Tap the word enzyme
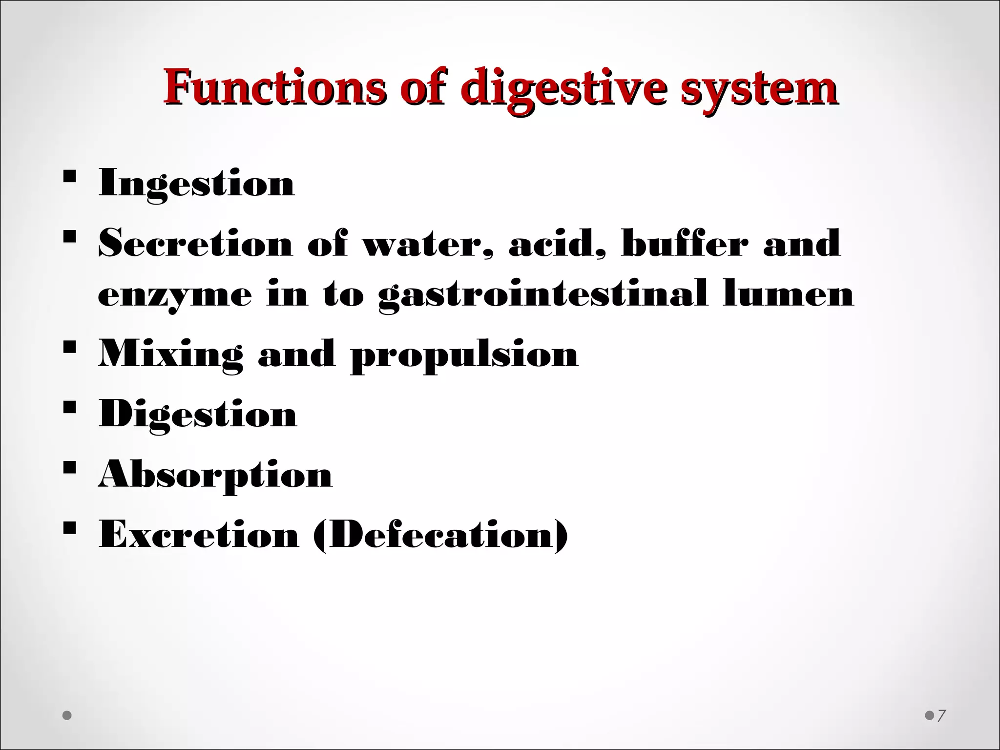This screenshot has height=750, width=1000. point(175,296)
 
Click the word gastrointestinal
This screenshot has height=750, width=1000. point(542,295)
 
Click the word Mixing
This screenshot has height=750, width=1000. point(170,354)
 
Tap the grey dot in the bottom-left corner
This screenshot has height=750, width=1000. point(67,716)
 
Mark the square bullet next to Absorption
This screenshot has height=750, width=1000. point(69,467)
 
